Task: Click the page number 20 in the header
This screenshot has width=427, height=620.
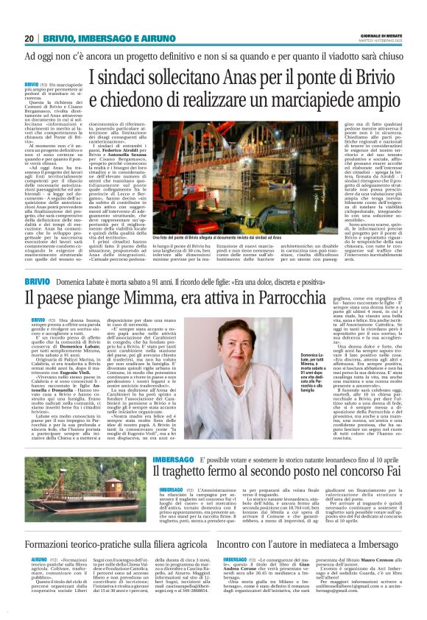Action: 29,38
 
